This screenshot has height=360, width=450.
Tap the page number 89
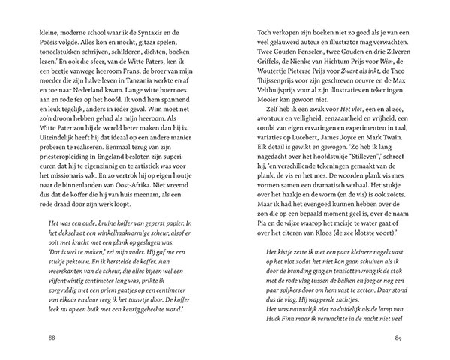pyautogui.click(x=420, y=336)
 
